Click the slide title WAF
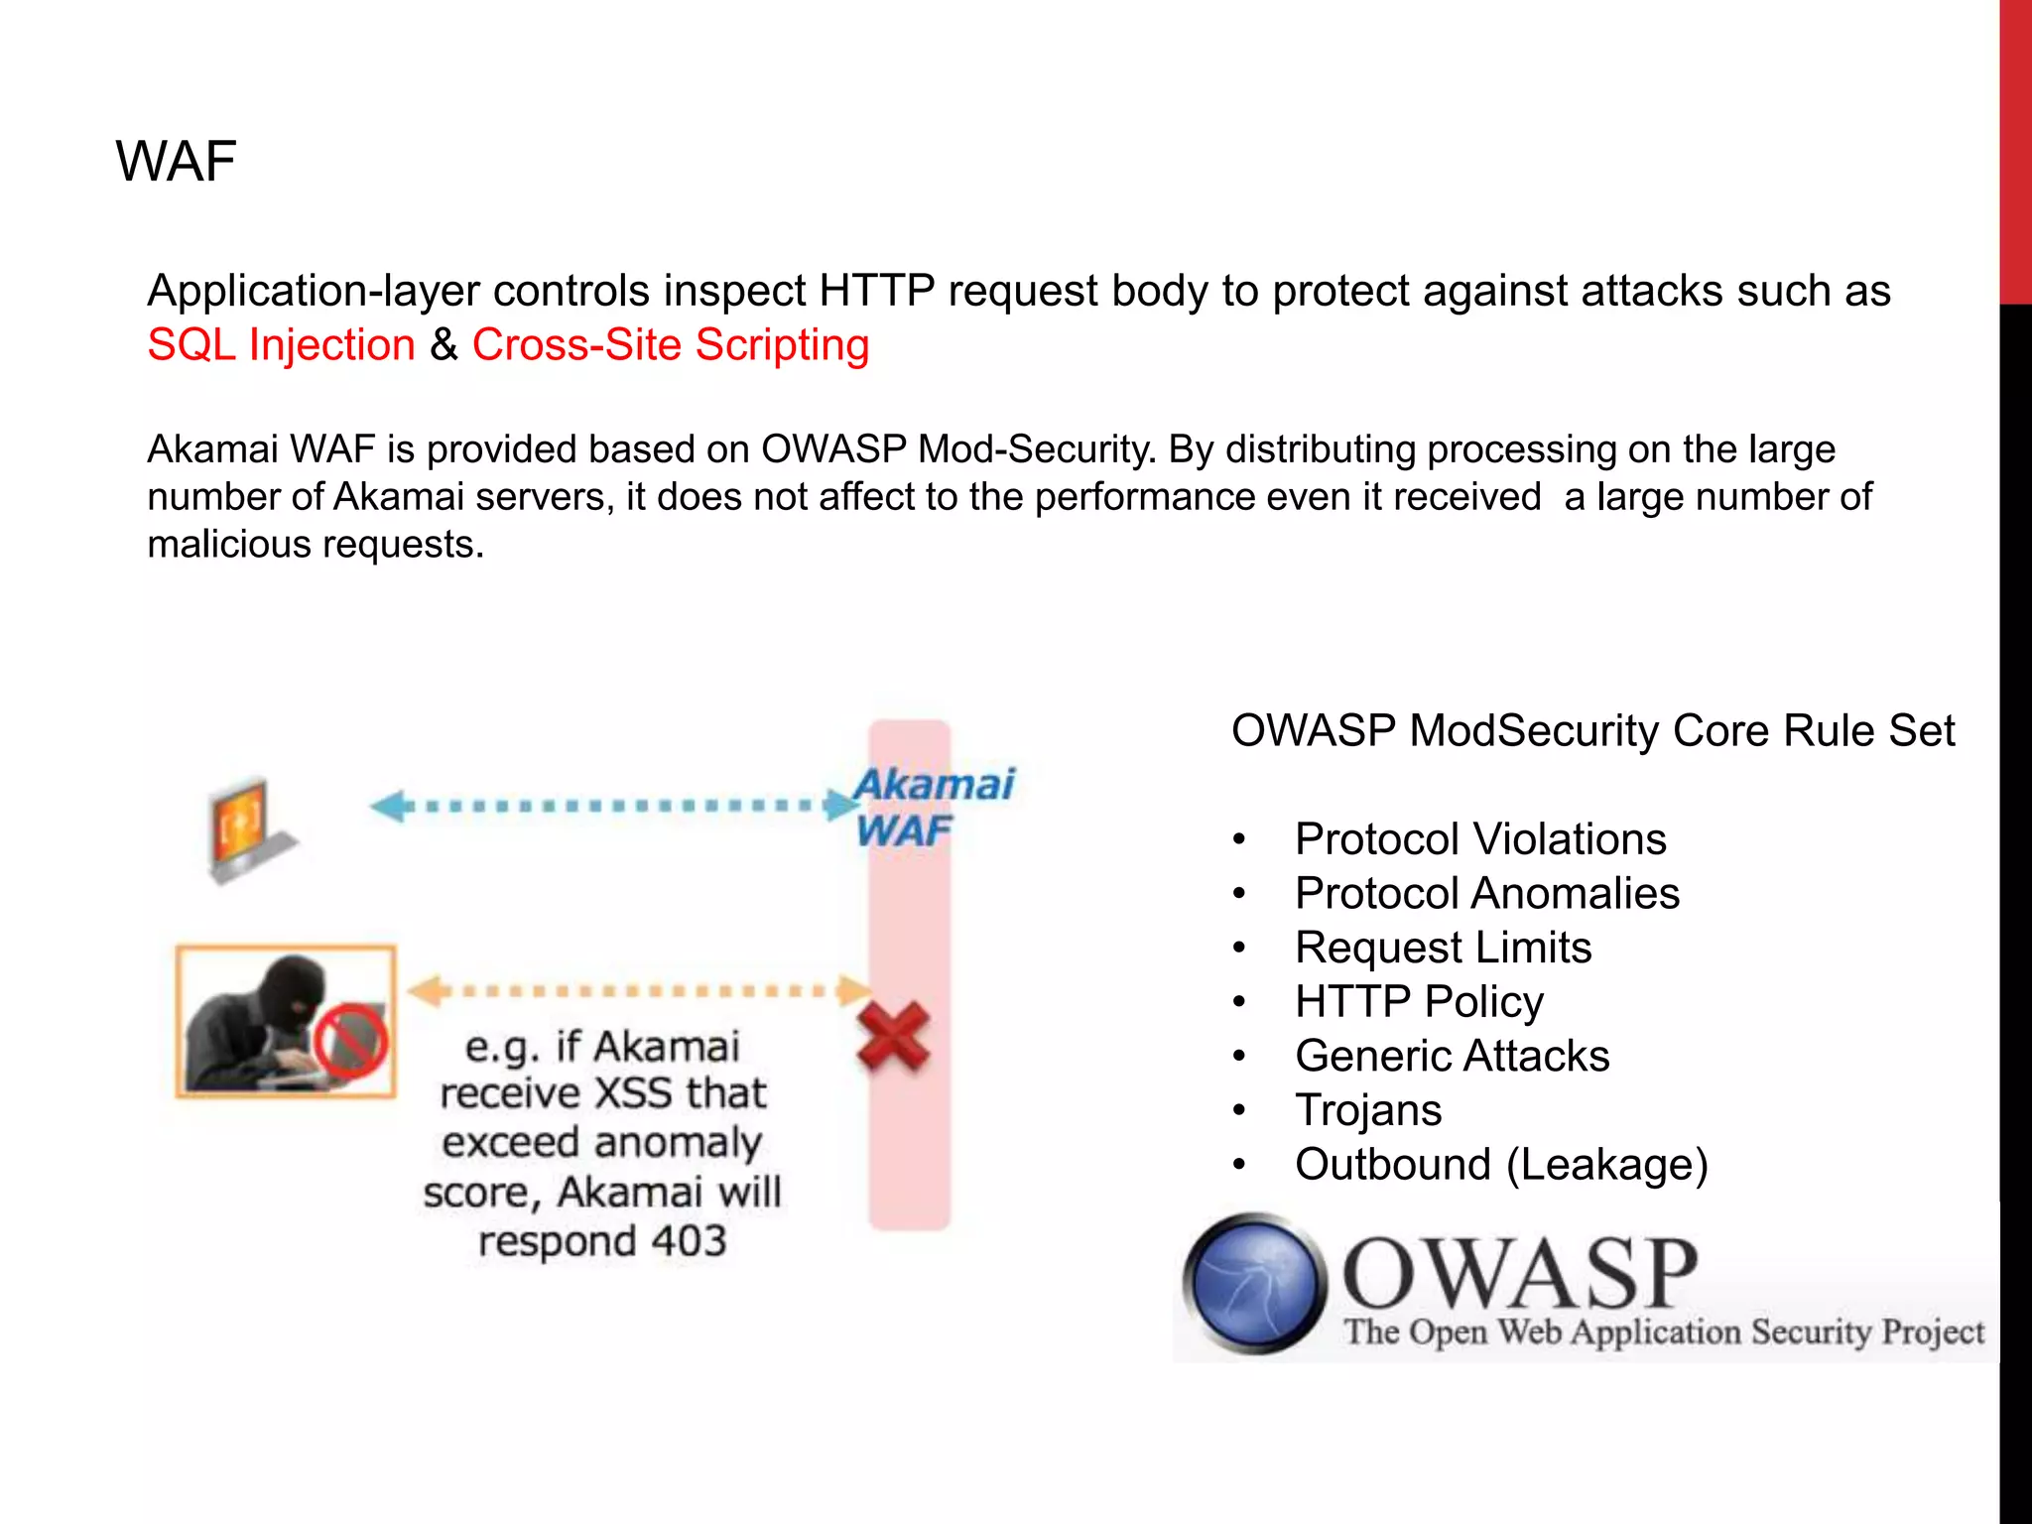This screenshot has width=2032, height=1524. click(x=176, y=162)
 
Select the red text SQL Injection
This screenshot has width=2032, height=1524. click(x=281, y=345)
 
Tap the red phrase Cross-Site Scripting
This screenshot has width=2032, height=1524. click(x=670, y=345)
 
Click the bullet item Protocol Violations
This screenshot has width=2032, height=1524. click(x=1479, y=839)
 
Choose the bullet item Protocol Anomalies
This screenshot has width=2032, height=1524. click(x=1486, y=893)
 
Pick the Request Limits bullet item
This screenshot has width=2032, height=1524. click(x=1443, y=948)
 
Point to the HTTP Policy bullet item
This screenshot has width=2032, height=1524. click(x=1419, y=1002)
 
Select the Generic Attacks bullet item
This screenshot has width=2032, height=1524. click(x=1452, y=1056)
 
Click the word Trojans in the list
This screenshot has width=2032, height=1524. click(x=1367, y=1110)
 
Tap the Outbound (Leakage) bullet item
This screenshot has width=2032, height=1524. click(x=1501, y=1165)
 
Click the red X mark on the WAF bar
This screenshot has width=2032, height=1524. click(x=893, y=1037)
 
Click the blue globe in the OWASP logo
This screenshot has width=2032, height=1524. click(x=1254, y=1283)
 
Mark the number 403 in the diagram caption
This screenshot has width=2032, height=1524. click(x=690, y=1241)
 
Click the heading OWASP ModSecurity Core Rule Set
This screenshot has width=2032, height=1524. click(x=1592, y=731)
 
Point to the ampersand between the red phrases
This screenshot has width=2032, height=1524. click(x=444, y=345)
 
